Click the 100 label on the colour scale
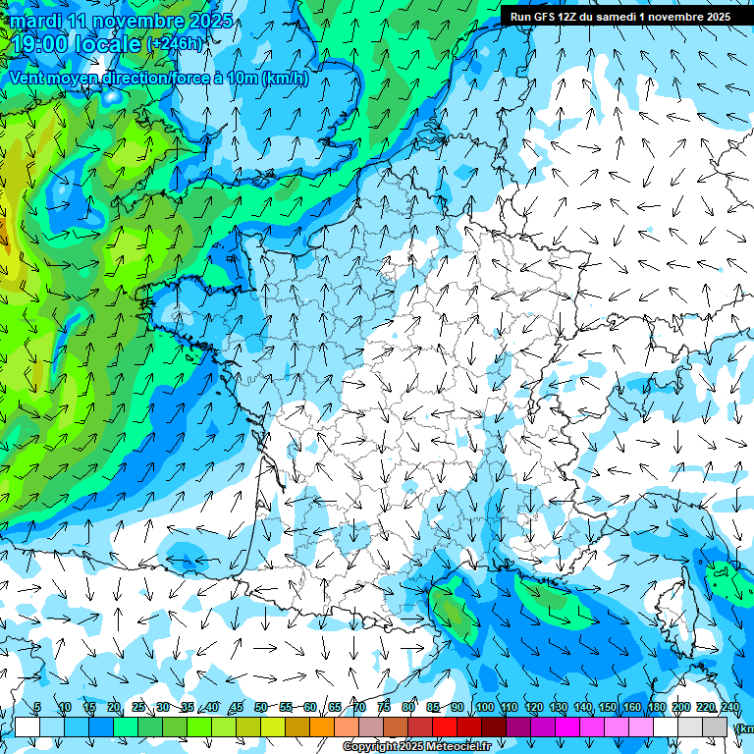tap(485, 708)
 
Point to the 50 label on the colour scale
tap(261, 708)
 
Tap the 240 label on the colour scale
tap(729, 708)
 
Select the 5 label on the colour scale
tap(37, 708)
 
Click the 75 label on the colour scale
tap(384, 708)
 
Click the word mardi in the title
tap(37, 21)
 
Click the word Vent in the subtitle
tap(29, 79)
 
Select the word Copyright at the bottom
tap(371, 747)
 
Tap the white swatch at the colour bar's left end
tap(27, 727)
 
